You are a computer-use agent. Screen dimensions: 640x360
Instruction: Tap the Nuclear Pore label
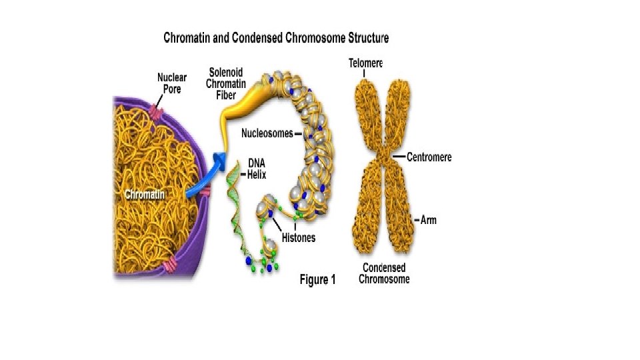tap(172, 83)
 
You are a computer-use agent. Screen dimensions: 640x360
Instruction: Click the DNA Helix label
tap(259, 167)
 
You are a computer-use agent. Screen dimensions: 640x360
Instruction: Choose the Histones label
tap(298, 237)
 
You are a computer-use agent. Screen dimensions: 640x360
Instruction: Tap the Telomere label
tap(366, 63)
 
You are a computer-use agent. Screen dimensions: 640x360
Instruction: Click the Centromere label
tap(429, 157)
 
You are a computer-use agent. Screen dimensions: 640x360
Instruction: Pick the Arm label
tap(429, 219)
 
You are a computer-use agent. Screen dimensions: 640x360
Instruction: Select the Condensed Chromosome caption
tap(384, 273)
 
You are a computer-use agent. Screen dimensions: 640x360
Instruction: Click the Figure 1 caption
tap(317, 280)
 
